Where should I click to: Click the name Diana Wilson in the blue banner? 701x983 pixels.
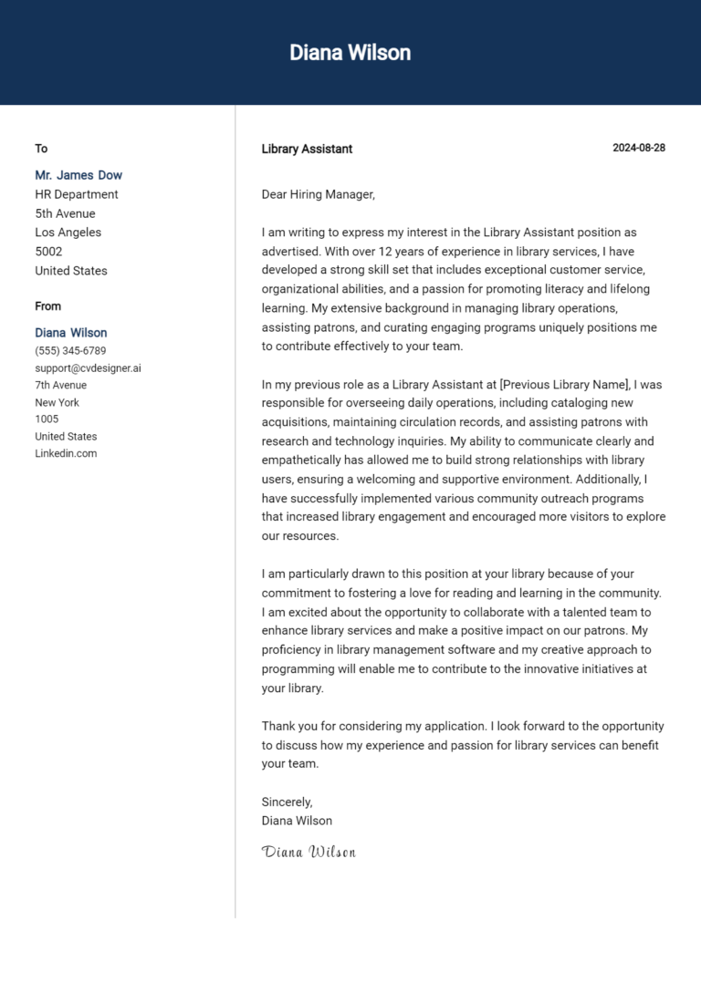click(350, 53)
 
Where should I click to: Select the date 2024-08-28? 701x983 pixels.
click(638, 148)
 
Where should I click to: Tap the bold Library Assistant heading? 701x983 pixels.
click(307, 149)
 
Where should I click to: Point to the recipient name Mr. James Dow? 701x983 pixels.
click(78, 175)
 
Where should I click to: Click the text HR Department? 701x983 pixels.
click(77, 194)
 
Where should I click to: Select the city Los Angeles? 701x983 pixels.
click(68, 233)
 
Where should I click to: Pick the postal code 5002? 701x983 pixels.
click(48, 252)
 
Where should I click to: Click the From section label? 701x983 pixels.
click(48, 306)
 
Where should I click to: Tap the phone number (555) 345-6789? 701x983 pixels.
click(70, 351)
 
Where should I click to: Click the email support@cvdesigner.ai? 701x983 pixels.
click(88, 368)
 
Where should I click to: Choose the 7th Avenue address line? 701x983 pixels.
click(61, 385)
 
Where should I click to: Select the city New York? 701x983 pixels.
click(58, 402)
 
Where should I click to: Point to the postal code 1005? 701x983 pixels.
click(47, 419)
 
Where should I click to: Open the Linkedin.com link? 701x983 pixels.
click(66, 453)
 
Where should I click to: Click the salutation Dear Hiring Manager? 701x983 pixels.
click(318, 194)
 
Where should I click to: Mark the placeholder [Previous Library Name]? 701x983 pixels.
click(565, 384)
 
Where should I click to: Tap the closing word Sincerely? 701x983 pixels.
click(287, 802)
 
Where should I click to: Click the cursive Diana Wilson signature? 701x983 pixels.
click(309, 852)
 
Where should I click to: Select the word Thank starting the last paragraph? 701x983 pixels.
click(278, 727)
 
